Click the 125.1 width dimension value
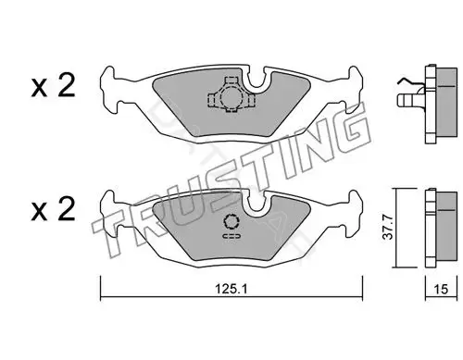(x=231, y=289)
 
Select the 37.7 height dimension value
(x=387, y=228)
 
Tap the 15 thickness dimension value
(x=441, y=289)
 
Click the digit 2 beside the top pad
(x=67, y=85)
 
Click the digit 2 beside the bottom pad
(x=67, y=208)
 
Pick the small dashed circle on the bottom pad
(x=231, y=222)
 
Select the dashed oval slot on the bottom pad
(x=231, y=236)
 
